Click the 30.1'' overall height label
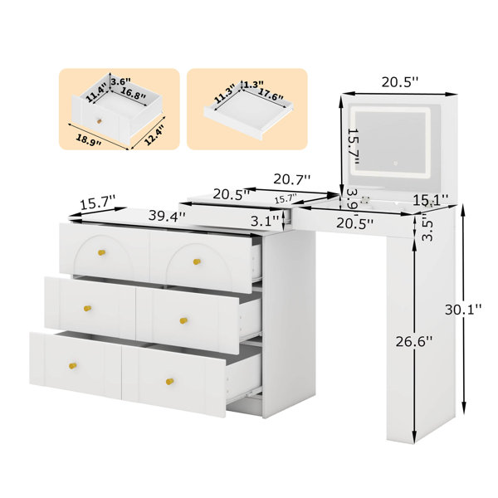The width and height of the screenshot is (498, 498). click(463, 310)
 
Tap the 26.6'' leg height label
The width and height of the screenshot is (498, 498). click(414, 342)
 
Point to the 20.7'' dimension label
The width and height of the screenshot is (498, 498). click(292, 179)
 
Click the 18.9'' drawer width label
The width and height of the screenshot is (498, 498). click(89, 139)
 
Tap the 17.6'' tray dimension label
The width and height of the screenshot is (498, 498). click(270, 94)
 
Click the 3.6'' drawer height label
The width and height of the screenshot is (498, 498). click(120, 81)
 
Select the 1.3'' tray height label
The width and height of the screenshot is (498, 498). click(254, 84)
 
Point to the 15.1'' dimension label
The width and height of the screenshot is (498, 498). click(430, 200)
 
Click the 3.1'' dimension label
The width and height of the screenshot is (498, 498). click(265, 221)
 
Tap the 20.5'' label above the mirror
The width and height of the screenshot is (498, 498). click(400, 82)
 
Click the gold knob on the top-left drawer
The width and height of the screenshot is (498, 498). click(101, 253)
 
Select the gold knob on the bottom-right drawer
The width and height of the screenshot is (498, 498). click(170, 381)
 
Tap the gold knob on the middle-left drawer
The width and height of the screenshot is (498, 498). click(87, 309)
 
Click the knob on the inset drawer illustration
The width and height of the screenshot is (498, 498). click(100, 121)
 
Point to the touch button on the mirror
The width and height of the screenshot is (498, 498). click(395, 164)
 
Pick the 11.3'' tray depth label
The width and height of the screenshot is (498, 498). click(224, 94)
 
